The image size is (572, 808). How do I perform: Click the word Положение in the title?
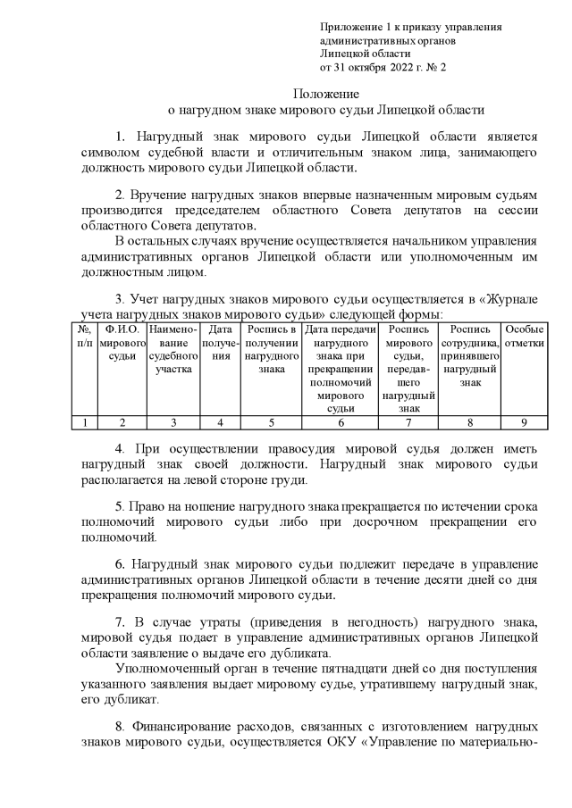(326, 94)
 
